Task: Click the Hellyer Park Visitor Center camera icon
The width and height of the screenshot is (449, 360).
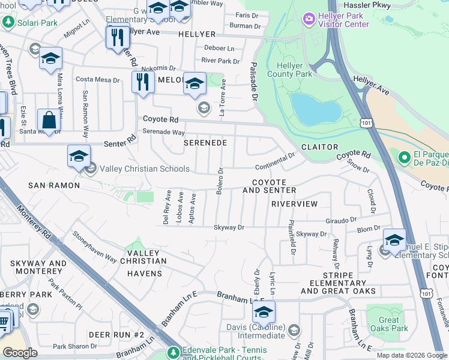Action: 309,19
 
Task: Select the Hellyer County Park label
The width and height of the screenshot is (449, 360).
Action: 294,70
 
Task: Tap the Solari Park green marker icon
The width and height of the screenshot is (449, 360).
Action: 8,22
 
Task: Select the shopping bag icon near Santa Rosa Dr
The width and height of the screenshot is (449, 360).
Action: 49,121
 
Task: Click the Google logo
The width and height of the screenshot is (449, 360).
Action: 20,353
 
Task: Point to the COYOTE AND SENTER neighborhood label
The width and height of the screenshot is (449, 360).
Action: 269,186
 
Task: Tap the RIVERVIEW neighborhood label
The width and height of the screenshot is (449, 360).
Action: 294,204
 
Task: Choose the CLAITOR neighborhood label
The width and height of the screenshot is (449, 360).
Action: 319,147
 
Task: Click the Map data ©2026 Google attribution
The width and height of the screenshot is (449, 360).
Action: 411,355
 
